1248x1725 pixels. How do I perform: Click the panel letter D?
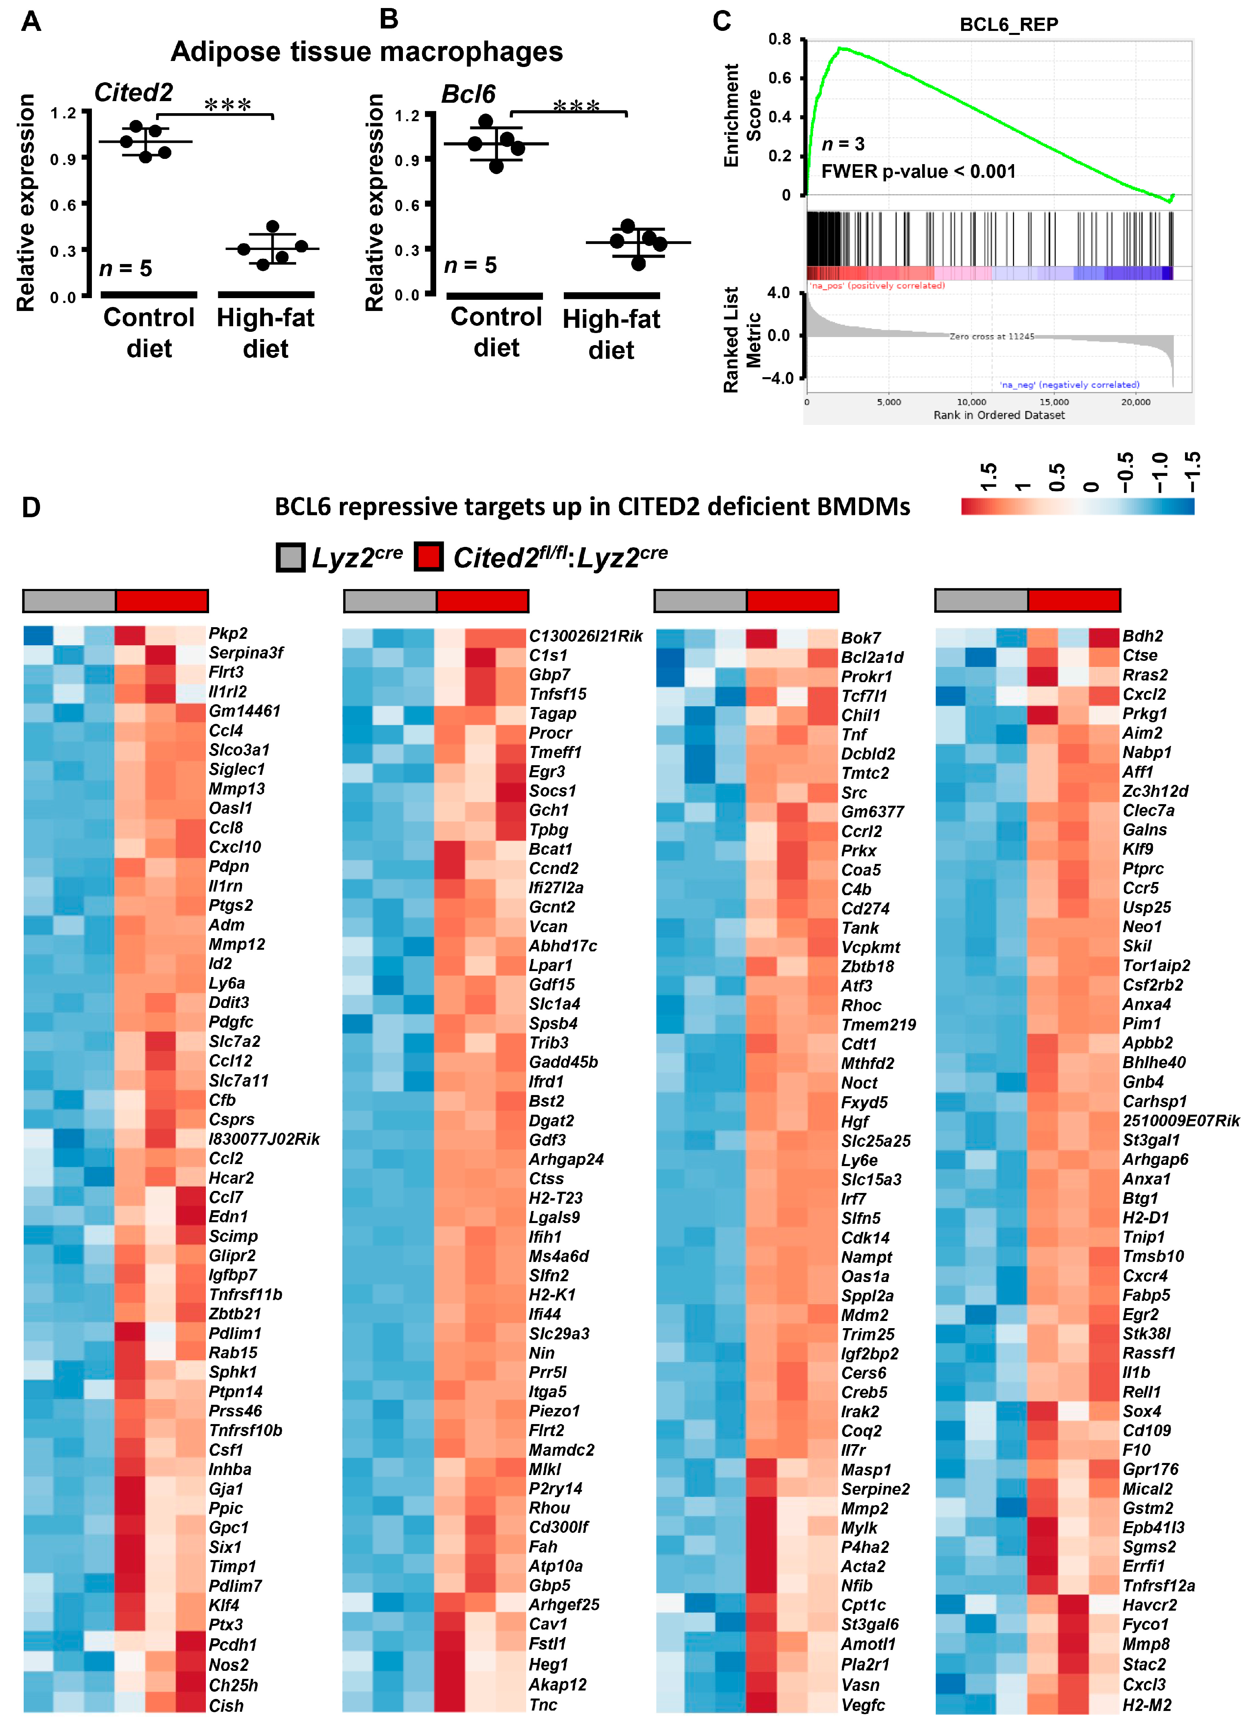pos(31,507)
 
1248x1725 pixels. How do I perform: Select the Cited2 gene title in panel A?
pos(133,93)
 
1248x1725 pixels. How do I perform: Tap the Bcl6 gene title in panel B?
pos(468,94)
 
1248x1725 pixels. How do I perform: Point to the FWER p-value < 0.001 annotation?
pos(918,171)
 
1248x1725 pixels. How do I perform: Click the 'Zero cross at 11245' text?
pos(991,336)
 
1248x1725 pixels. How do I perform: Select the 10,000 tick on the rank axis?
pos(971,402)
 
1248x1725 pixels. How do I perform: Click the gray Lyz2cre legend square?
pos(290,557)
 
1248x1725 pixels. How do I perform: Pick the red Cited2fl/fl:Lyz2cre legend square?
pos(429,557)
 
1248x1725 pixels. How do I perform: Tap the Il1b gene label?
pos(1136,1372)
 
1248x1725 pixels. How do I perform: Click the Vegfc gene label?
pos(862,1705)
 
